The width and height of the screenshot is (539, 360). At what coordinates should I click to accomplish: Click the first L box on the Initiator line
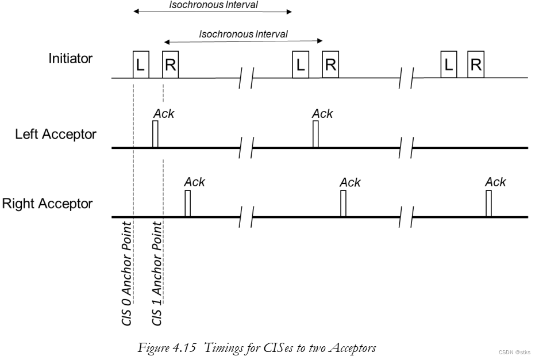tap(141, 64)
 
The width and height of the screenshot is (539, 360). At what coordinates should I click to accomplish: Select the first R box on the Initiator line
tap(171, 64)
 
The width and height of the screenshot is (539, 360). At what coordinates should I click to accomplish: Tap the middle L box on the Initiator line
tap(300, 64)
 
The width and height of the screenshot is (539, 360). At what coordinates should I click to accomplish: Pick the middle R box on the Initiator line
tap(330, 64)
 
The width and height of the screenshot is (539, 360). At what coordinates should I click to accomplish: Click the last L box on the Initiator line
tap(448, 64)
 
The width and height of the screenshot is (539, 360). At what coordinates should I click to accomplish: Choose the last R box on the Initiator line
tap(475, 64)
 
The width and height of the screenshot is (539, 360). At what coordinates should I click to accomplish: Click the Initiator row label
tap(70, 58)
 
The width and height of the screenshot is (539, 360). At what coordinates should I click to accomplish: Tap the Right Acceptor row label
tap(48, 204)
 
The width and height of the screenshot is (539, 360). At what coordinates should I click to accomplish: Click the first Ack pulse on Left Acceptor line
tap(155, 135)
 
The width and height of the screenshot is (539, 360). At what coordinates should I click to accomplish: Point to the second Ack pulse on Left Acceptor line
tap(315, 135)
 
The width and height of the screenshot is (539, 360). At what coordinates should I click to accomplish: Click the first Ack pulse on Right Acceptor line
tap(187, 204)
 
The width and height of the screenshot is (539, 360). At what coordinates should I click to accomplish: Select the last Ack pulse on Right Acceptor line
tap(488, 204)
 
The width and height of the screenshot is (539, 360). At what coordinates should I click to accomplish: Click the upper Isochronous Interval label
tap(213, 5)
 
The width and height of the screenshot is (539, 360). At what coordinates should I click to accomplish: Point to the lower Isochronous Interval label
tap(243, 34)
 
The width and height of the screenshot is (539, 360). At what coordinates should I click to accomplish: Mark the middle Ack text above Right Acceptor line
tap(350, 182)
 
